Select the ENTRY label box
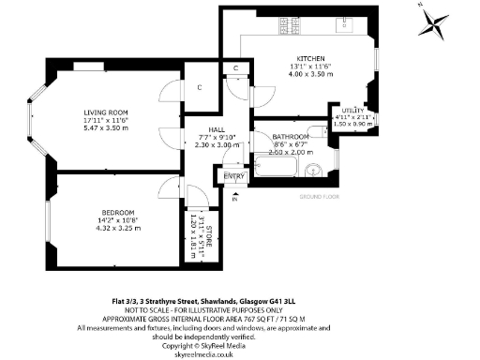pyautogui.click(x=233, y=175)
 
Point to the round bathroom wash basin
pyautogui.click(x=313, y=170)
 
